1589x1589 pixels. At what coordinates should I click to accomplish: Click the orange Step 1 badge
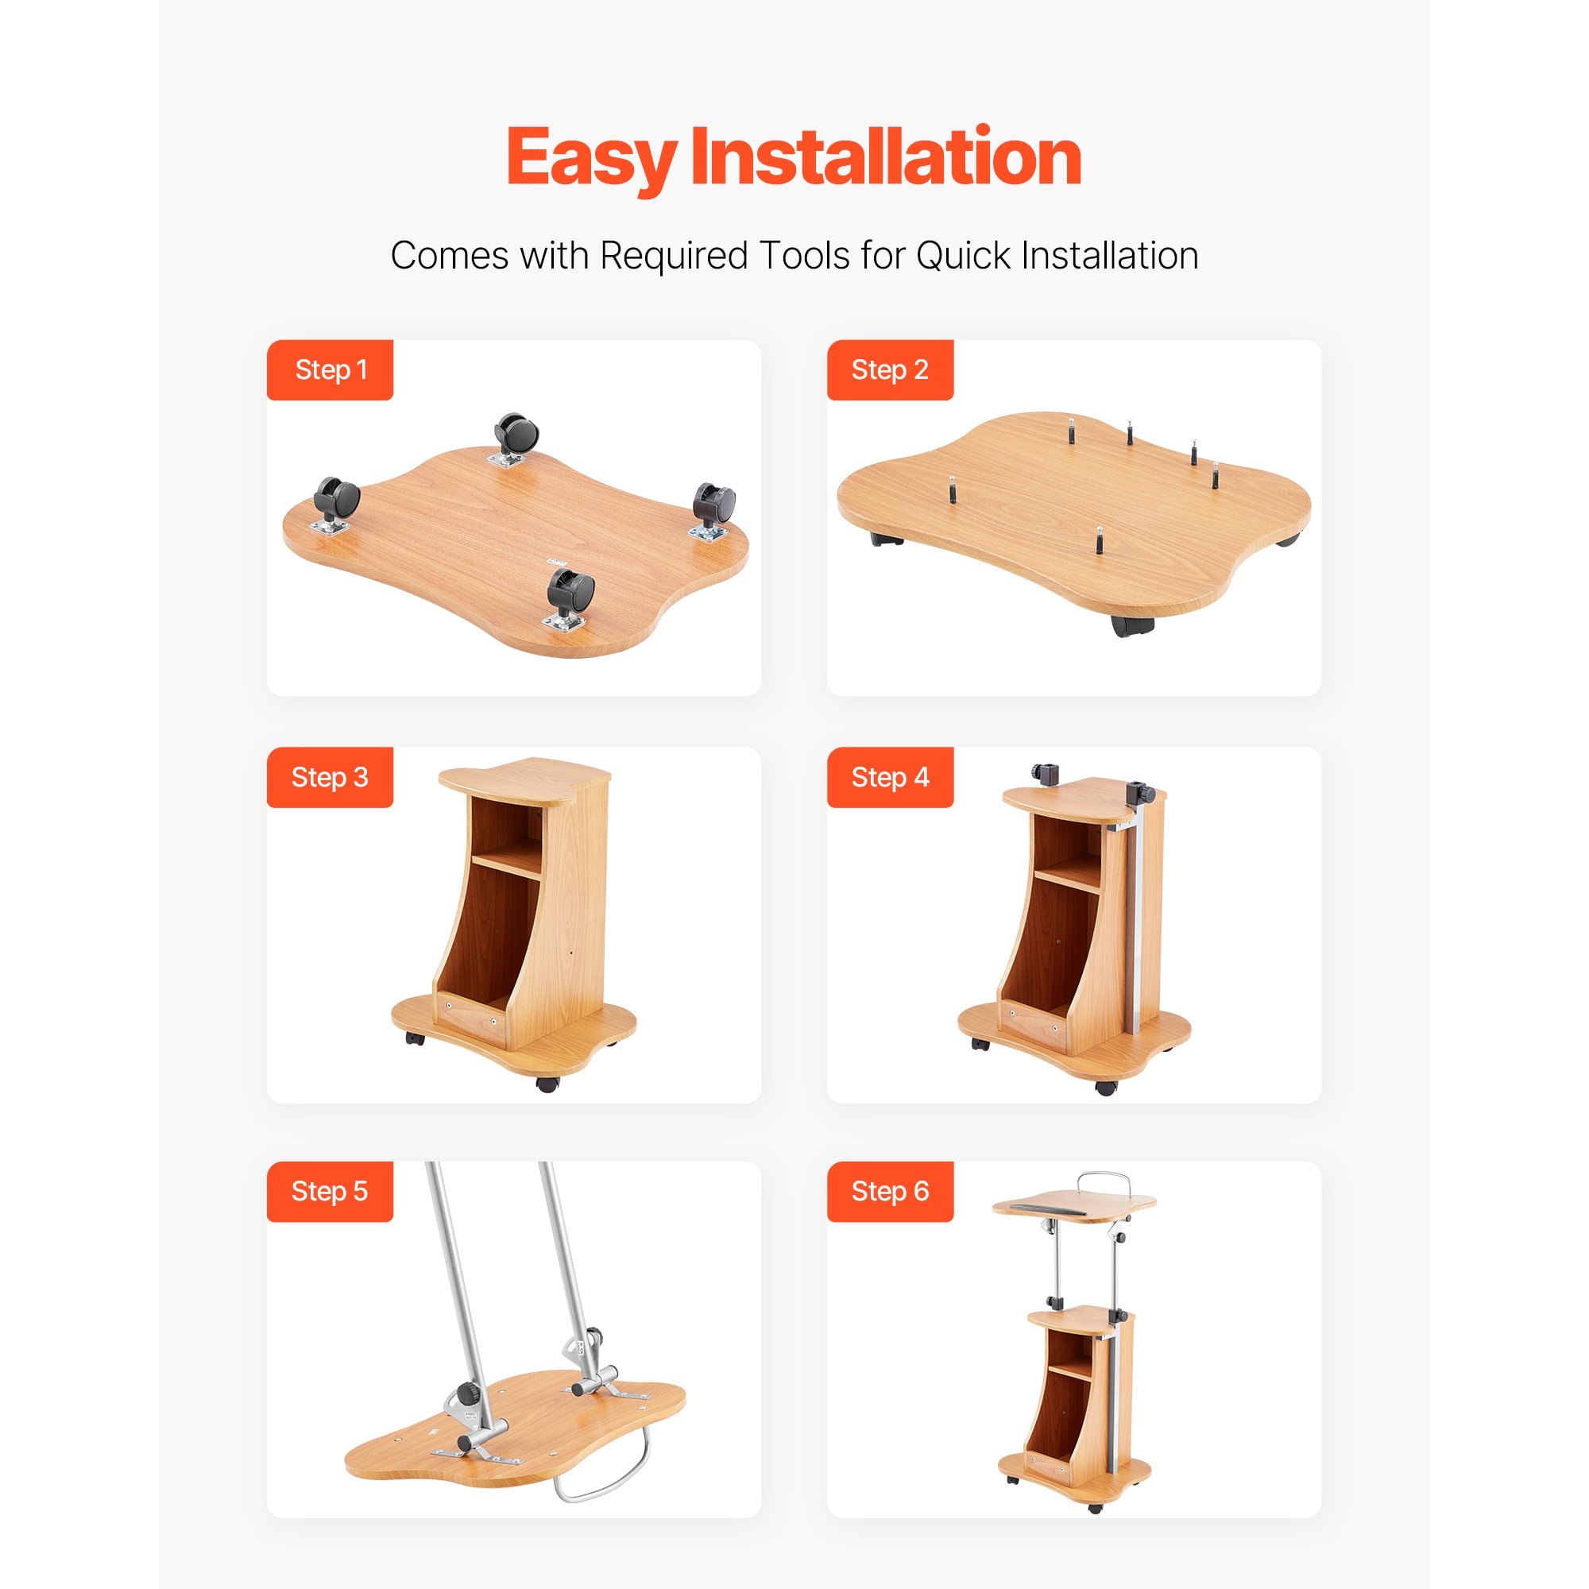[330, 370]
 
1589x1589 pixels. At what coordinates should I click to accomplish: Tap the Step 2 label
[890, 370]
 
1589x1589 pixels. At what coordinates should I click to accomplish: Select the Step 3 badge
[330, 777]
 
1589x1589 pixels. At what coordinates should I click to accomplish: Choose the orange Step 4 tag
[890, 777]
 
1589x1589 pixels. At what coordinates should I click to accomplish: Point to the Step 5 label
[330, 1191]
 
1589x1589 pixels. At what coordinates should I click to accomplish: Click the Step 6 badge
[890, 1191]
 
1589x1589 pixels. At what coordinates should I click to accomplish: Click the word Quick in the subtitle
[963, 256]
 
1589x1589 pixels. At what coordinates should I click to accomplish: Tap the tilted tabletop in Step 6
[1074, 1207]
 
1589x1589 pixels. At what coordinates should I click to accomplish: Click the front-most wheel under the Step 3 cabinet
[547, 1084]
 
